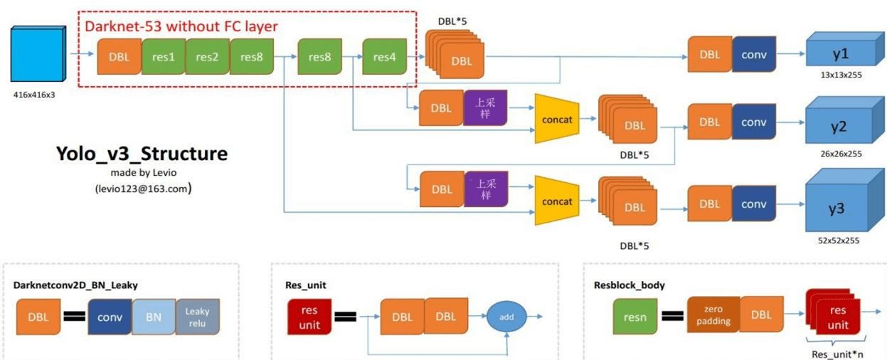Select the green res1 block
[163, 57]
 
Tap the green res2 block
[207, 57]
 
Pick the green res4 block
[384, 57]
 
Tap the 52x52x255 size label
[839, 240]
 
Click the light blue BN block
[154, 317]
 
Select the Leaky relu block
[198, 317]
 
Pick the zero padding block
[713, 316]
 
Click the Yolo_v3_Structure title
[142, 154]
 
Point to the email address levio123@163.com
[142, 189]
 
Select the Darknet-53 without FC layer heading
[181, 26]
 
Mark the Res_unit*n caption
[839, 354]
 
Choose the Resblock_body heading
[630, 285]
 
